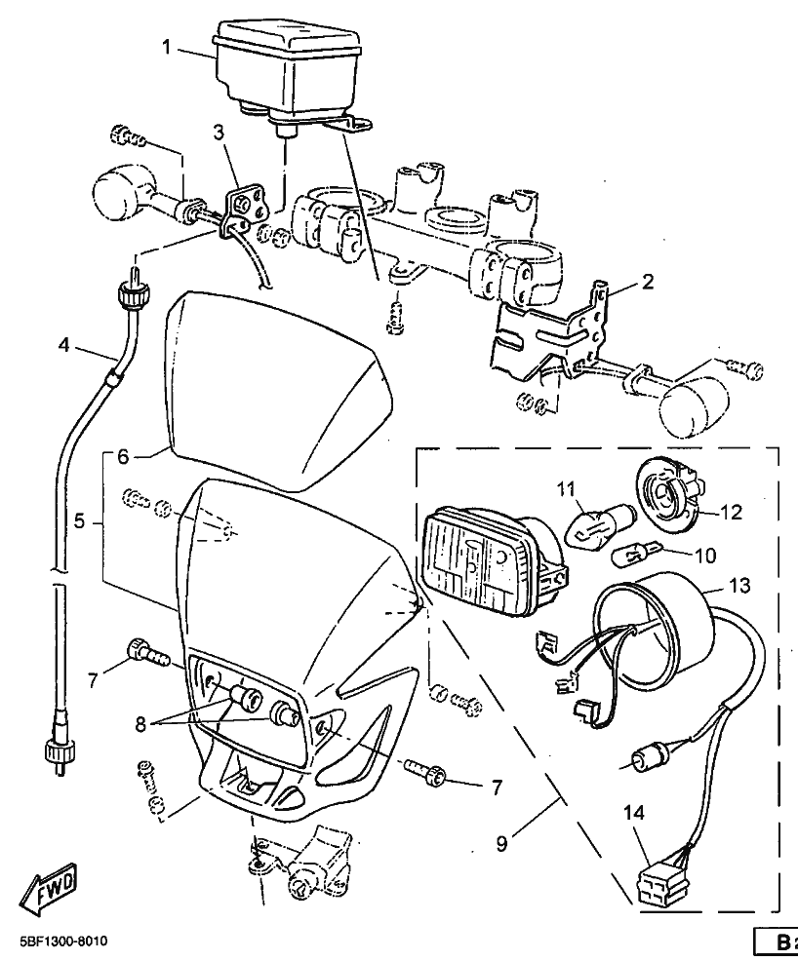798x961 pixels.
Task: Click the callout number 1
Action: tap(168, 47)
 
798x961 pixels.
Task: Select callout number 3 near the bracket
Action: tap(219, 133)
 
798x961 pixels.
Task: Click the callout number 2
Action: tap(648, 282)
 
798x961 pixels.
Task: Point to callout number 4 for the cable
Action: tap(63, 346)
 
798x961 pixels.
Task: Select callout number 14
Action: tap(634, 813)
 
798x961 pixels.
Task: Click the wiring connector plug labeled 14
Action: tap(660, 888)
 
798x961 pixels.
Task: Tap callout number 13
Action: tap(739, 586)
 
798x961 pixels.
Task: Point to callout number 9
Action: tap(501, 844)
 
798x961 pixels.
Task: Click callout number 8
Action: tap(140, 724)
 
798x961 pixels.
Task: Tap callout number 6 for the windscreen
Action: tap(123, 456)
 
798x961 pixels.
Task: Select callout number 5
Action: tap(80, 521)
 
